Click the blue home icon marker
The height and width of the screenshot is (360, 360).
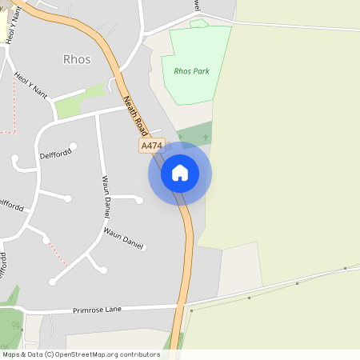pyautogui.click(x=180, y=173)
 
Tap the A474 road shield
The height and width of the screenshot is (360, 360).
pyautogui.click(x=151, y=146)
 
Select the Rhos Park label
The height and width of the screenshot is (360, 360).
pyautogui.click(x=190, y=70)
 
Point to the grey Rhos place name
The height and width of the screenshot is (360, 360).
pyautogui.click(x=76, y=59)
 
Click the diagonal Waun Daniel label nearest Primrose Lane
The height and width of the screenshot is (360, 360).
pyautogui.click(x=122, y=238)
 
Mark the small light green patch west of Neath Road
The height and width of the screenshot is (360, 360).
pyautogui.click(x=93, y=90)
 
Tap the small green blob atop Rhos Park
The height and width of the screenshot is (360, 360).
pyautogui.click(x=198, y=24)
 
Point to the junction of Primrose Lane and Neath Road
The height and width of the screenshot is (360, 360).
pyautogui.click(x=182, y=306)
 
